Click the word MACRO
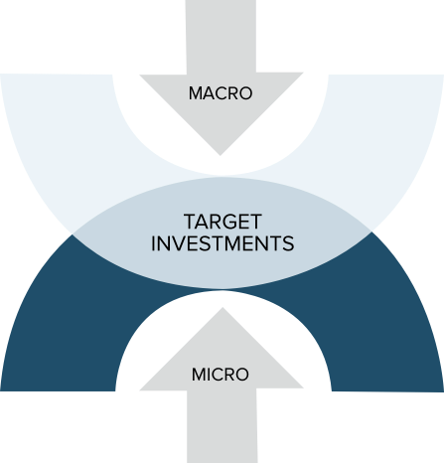click(x=221, y=93)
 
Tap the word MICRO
click(x=221, y=375)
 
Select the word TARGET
click(x=222, y=222)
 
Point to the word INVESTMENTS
click(x=222, y=243)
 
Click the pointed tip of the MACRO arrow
click(x=221, y=155)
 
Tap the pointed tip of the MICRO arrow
click(x=222, y=308)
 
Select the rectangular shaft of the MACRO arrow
click(x=222, y=37)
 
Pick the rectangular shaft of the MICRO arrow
click(x=222, y=426)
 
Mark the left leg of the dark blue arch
click(x=58, y=331)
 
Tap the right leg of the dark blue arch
click(x=387, y=331)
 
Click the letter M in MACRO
click(x=196, y=93)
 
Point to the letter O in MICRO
click(x=241, y=375)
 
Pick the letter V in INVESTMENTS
click(x=178, y=243)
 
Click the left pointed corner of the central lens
click(x=73, y=234)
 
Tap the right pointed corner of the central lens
click(x=371, y=231)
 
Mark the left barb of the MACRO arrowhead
click(x=140, y=75)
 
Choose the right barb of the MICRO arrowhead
click(x=303, y=387)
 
